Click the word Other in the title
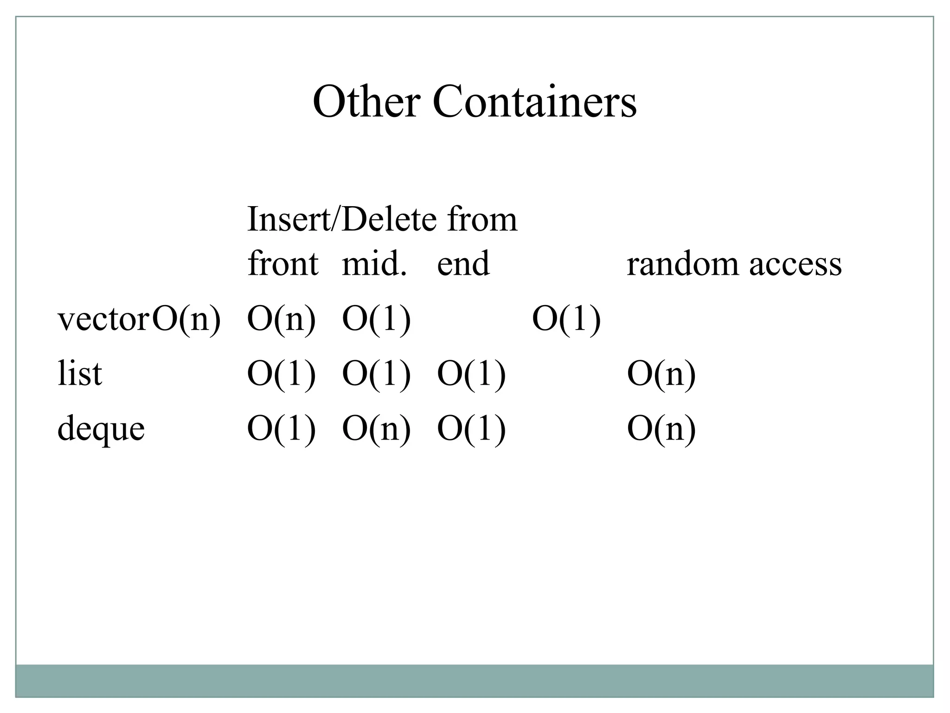pos(366,102)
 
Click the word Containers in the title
pos(534,102)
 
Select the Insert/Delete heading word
pos(342,219)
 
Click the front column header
pos(283,264)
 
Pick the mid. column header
pos(374,264)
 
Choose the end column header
pos(463,264)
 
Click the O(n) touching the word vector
pos(186,320)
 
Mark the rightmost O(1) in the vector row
pos(566,320)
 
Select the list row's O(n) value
pos(661,374)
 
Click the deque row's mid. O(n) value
pos(376,428)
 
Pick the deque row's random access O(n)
pos(661,428)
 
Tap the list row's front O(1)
pos(281,374)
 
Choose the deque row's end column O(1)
pos(471,428)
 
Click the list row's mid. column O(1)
pos(376,374)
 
